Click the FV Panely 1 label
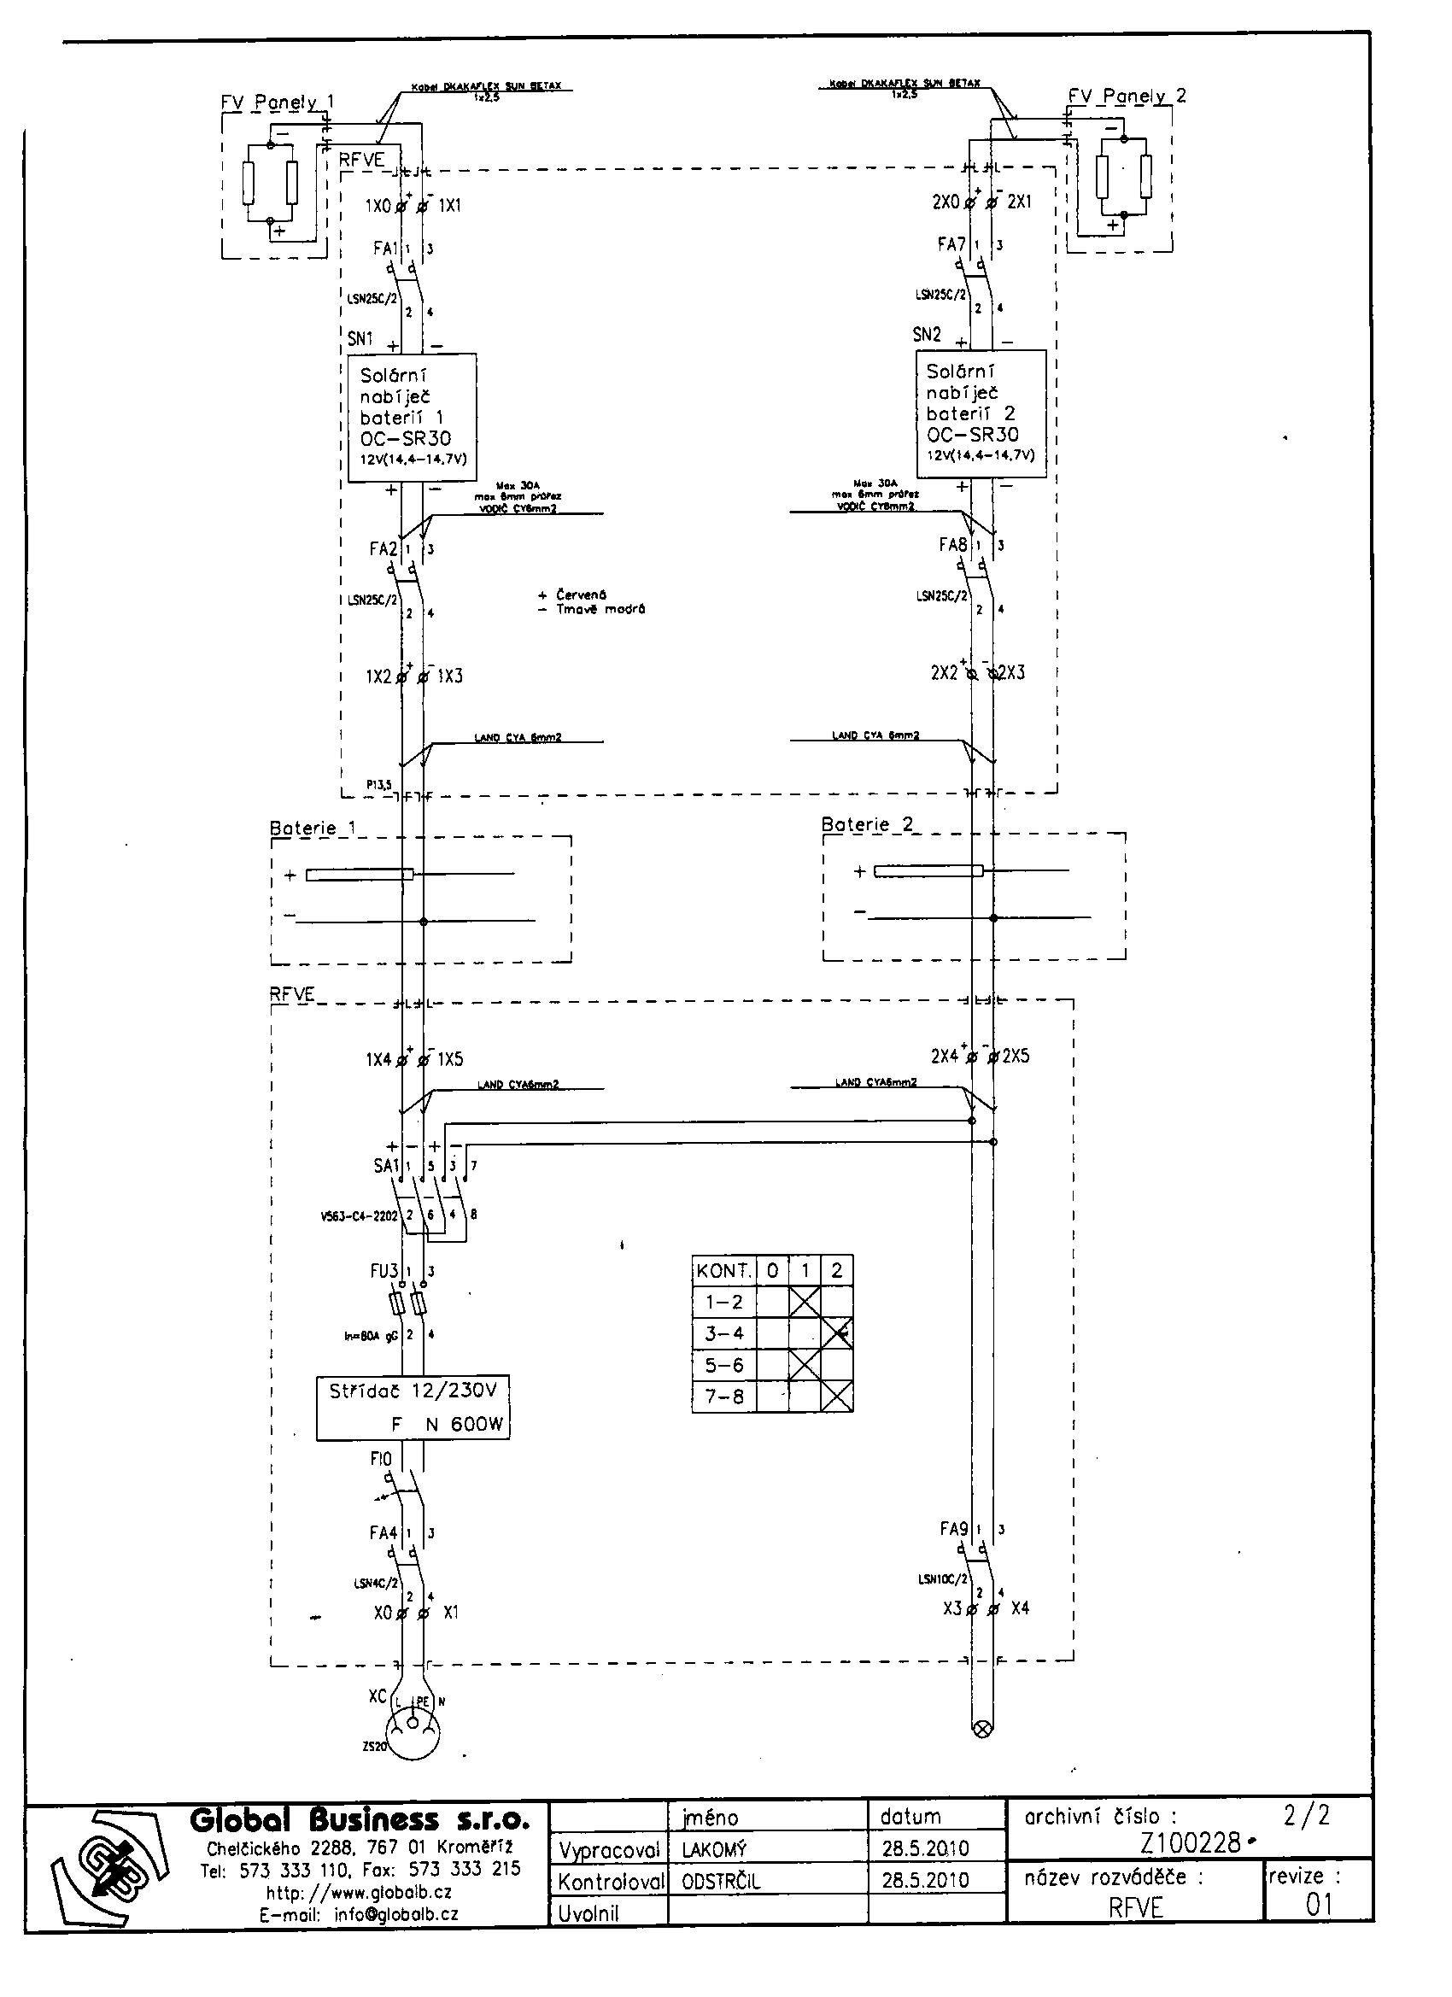point(277,102)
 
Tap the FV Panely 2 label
point(1127,96)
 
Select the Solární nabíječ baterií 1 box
point(412,418)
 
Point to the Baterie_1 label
point(313,829)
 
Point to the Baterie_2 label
point(866,825)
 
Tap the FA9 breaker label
point(953,1529)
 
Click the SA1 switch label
point(386,1166)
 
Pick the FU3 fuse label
point(383,1272)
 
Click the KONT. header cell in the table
point(723,1271)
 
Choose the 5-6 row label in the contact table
point(723,1366)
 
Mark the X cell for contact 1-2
point(804,1303)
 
